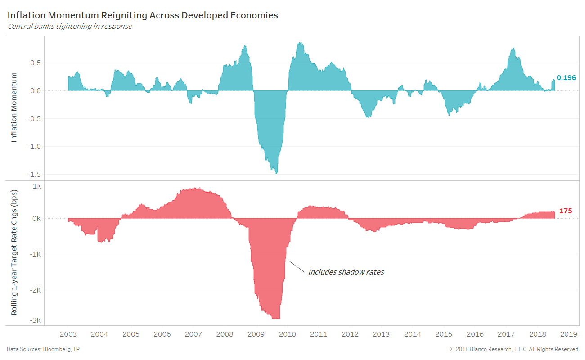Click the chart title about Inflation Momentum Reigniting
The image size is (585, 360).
pyautogui.click(x=143, y=15)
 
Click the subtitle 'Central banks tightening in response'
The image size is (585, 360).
pyautogui.click(x=70, y=26)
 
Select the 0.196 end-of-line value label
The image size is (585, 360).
pyautogui.click(x=566, y=78)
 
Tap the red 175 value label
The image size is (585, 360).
pyautogui.click(x=566, y=211)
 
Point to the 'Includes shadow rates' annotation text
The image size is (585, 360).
pyautogui.click(x=346, y=272)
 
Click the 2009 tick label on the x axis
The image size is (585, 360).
pyautogui.click(x=256, y=334)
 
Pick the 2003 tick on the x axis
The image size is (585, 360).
pyautogui.click(x=68, y=334)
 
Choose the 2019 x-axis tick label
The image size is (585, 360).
pyautogui.click(x=569, y=334)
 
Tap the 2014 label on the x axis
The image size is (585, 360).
pyautogui.click(x=413, y=334)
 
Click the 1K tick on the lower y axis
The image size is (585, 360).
pyautogui.click(x=37, y=186)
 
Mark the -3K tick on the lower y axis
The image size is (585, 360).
pyautogui.click(x=36, y=320)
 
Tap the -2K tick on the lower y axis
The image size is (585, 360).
pyautogui.click(x=36, y=290)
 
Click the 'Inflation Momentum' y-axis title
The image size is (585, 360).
pyautogui.click(x=14, y=107)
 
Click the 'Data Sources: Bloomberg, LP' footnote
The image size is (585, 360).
pyautogui.click(x=44, y=349)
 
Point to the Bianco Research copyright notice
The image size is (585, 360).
pyautogui.click(x=513, y=349)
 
